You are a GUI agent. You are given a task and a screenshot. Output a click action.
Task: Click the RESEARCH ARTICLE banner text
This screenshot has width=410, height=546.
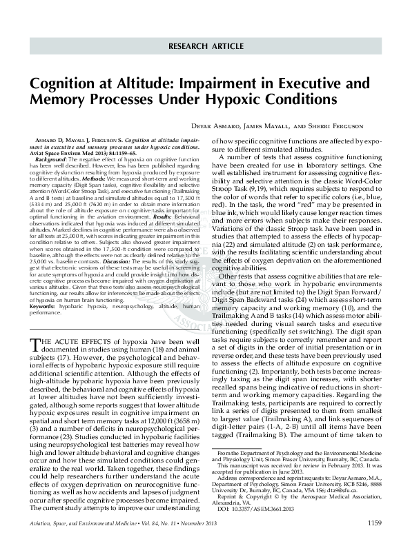tap(204, 45)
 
